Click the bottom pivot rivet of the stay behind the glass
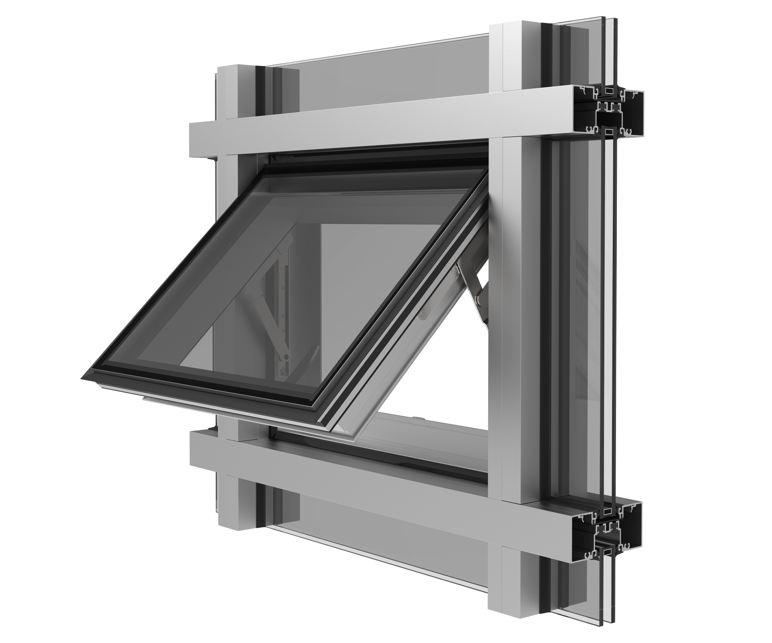click(286, 356)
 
